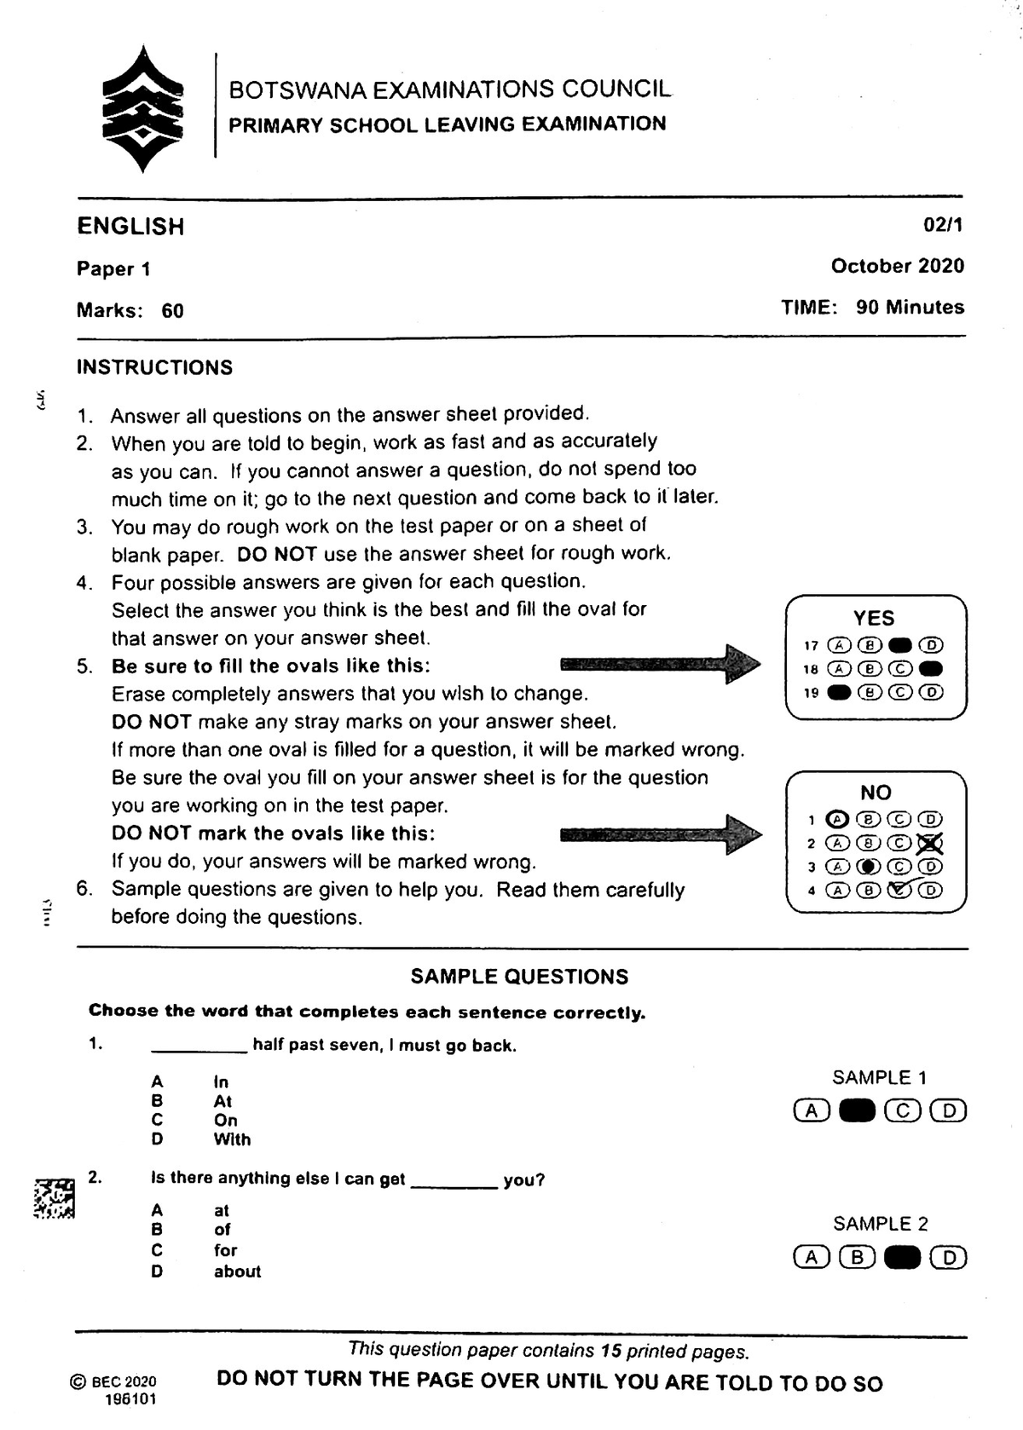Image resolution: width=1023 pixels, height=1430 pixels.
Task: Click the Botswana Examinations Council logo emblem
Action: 142,108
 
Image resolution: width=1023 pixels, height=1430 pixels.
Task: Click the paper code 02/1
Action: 943,225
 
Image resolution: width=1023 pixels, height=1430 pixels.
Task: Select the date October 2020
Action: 897,266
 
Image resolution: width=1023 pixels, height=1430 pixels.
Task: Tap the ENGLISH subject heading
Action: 130,227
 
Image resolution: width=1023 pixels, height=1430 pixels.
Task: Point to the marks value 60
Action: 172,311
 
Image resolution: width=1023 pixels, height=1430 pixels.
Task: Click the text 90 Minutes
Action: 910,308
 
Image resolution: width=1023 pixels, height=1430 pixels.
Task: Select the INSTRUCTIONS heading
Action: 154,368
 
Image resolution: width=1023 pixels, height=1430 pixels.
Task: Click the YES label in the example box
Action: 874,618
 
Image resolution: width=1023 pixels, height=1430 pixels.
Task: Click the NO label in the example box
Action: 876,793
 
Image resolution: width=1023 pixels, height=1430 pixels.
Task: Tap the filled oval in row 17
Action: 900,645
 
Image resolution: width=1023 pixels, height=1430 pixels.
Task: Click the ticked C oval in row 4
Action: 899,891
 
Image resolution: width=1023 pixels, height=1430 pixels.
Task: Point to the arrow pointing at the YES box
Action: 660,663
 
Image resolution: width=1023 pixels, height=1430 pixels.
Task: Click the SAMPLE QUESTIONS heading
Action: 519,977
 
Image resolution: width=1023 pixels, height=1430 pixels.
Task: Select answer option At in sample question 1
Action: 223,1101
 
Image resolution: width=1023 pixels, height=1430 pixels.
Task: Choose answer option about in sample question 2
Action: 237,1271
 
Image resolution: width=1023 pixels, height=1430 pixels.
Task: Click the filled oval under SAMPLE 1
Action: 857,1111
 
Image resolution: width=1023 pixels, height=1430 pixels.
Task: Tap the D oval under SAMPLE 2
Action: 948,1258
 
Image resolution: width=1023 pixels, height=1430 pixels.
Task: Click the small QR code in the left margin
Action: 54,1198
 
